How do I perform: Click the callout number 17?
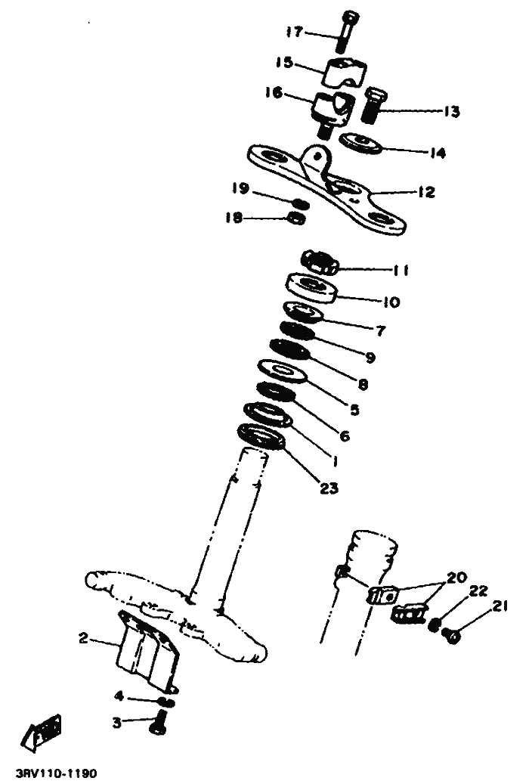(x=294, y=32)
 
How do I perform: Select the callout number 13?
(x=451, y=111)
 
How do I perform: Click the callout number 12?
(x=426, y=193)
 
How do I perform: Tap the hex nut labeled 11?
(x=320, y=262)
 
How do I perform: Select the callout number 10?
(x=391, y=302)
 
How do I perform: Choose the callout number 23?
(x=327, y=488)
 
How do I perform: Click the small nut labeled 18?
(x=297, y=218)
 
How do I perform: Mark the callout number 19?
(x=240, y=187)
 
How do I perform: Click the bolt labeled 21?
(x=453, y=636)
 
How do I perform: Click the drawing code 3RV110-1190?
(x=55, y=774)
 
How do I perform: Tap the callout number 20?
(x=456, y=578)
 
